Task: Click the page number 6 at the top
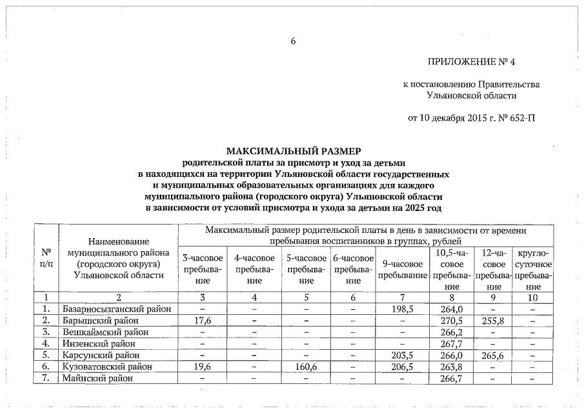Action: pyautogui.click(x=292, y=42)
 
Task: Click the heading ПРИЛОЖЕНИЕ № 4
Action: pyautogui.click(x=472, y=62)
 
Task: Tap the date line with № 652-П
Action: pyautogui.click(x=472, y=118)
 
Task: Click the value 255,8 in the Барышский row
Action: pyautogui.click(x=494, y=321)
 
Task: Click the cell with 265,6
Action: pyautogui.click(x=494, y=356)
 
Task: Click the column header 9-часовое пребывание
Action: pyautogui.click(x=402, y=270)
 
